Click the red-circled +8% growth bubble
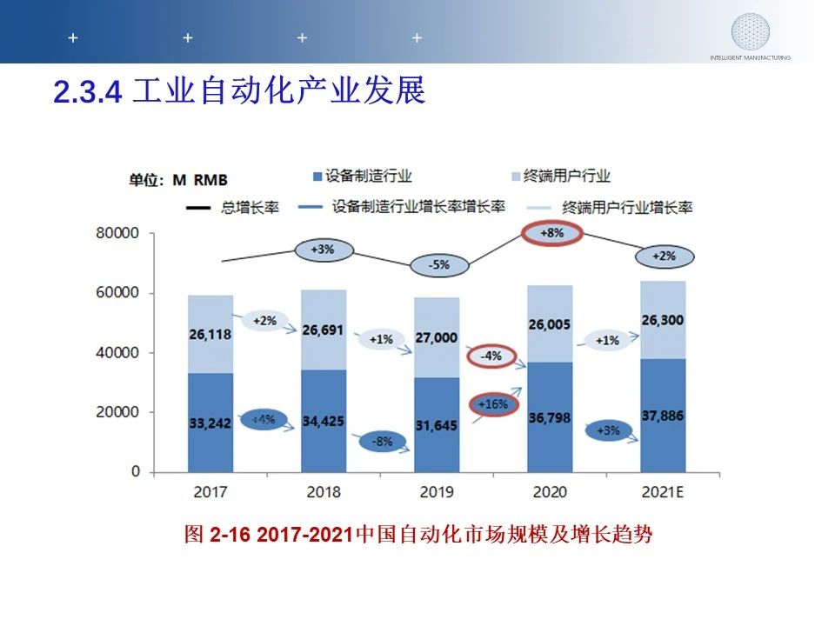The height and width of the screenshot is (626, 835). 551,234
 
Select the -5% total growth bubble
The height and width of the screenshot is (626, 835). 439,264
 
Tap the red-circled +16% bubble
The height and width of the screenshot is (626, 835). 493,404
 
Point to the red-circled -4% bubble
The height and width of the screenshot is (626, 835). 491,356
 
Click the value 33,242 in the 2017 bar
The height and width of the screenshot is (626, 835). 210,423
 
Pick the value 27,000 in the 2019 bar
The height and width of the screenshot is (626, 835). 436,337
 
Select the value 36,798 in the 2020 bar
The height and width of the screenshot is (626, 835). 550,418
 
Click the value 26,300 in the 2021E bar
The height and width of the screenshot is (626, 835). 662,320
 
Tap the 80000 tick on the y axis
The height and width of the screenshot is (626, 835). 117,234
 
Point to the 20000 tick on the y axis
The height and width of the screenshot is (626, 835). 117,412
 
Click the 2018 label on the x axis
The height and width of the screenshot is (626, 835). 324,492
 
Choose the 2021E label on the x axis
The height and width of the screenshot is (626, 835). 663,492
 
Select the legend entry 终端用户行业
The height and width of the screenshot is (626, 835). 564,176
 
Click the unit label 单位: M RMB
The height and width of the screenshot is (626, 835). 178,180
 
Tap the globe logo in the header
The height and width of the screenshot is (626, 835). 750,31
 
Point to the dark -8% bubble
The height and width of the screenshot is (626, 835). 381,441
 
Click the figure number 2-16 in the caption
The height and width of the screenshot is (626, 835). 230,534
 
